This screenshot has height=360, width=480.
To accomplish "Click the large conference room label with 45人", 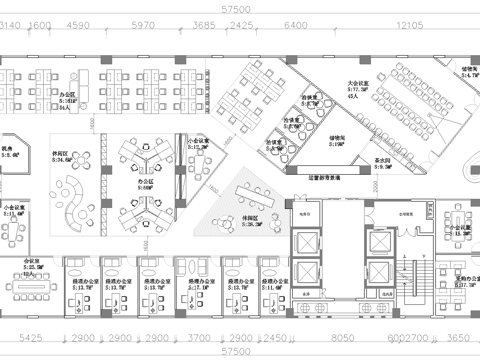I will pyautogui.click(x=360, y=89).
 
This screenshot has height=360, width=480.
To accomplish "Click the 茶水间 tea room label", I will pyautogui.click(x=382, y=163).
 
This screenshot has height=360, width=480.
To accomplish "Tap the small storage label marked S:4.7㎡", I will pyautogui.click(x=467, y=72).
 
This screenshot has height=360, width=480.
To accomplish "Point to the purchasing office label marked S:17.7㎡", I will pyautogui.click(x=463, y=281).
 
